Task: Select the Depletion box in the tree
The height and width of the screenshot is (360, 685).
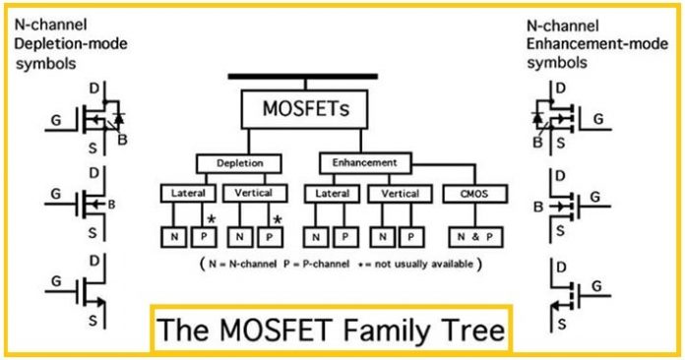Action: (x=238, y=163)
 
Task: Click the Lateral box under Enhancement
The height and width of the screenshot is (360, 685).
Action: (x=331, y=195)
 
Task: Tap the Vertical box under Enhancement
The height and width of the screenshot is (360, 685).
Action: (x=400, y=195)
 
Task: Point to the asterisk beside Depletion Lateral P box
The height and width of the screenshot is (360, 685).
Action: (x=211, y=219)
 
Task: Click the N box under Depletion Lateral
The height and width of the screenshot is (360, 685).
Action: (x=173, y=236)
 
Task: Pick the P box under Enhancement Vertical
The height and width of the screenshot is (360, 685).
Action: (x=413, y=236)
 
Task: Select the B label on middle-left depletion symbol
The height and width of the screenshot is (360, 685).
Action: (x=115, y=206)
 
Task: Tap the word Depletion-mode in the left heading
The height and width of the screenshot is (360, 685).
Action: (x=71, y=43)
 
